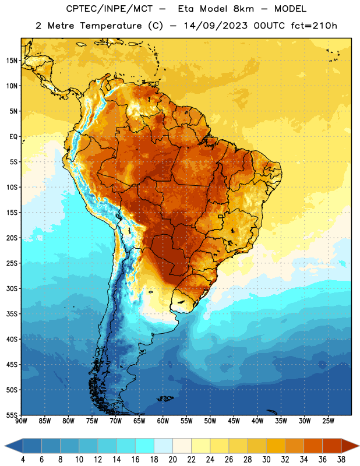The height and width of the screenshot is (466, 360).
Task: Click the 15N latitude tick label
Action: coord(12,61)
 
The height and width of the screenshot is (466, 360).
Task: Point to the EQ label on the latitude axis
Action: coord(13,137)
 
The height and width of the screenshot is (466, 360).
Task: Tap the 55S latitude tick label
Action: coord(12,415)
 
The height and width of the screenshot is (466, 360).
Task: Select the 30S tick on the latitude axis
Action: coord(12,288)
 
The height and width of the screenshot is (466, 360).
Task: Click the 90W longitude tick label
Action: coord(21,421)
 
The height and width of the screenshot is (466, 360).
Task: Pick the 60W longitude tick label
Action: coord(163,421)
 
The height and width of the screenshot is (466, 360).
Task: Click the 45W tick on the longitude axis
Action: coord(234,421)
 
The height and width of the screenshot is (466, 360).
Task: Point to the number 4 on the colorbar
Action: coord(23,460)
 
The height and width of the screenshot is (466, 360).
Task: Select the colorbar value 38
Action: coord(341,460)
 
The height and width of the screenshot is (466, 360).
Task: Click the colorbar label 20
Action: coord(172,460)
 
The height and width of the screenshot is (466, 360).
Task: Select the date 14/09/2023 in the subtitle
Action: coord(216,26)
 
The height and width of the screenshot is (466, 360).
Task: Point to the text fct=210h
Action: coord(314,26)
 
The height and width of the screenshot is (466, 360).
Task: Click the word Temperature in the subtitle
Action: coord(111,26)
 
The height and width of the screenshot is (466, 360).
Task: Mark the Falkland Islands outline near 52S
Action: coord(165,398)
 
